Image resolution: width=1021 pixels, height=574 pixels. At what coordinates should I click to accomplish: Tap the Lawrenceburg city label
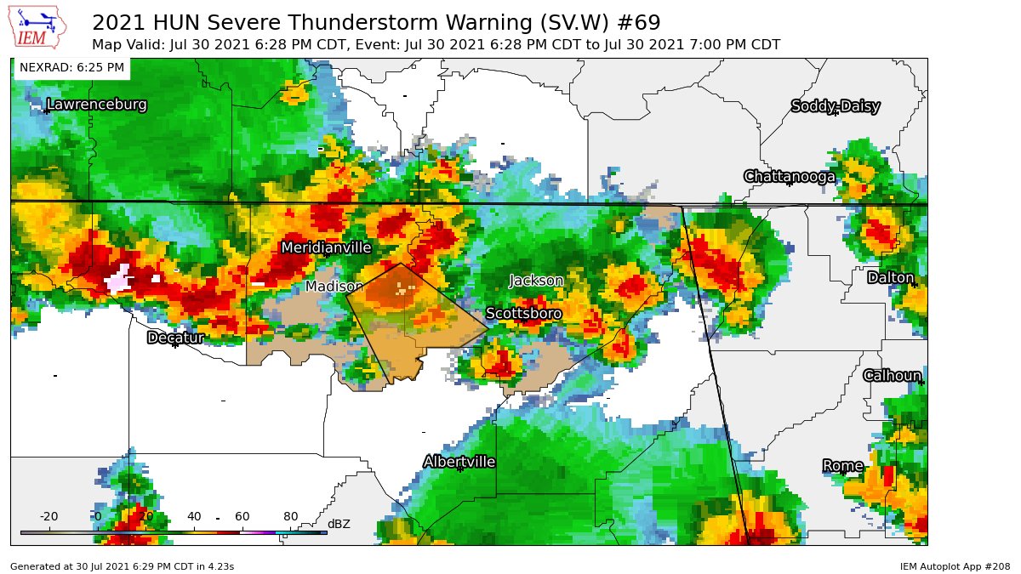96,105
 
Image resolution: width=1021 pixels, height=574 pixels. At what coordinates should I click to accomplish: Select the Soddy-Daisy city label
835,106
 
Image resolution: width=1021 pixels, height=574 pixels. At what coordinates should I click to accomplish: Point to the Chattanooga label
789,177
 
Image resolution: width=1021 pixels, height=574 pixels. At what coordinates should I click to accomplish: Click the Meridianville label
326,247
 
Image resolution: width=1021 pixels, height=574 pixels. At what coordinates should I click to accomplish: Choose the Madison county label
334,287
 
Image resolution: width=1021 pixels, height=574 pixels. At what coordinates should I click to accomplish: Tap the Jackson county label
536,281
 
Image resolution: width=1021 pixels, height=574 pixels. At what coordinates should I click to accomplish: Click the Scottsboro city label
523,314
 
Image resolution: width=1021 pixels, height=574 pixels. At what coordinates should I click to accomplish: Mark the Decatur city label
175,338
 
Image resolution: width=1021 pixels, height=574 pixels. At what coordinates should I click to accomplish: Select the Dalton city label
890,278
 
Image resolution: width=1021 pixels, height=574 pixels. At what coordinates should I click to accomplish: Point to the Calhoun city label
892,376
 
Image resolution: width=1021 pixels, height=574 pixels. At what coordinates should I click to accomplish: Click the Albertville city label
459,462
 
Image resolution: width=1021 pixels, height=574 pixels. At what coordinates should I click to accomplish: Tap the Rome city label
842,466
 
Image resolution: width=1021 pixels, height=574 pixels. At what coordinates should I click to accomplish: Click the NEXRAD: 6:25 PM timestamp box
71,67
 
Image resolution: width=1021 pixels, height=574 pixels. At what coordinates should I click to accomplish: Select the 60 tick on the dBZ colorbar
242,517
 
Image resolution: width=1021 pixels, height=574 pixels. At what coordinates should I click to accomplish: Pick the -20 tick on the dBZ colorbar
48,517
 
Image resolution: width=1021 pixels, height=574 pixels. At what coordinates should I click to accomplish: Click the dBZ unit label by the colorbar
339,524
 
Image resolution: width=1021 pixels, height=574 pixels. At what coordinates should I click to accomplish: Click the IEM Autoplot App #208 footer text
955,565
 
